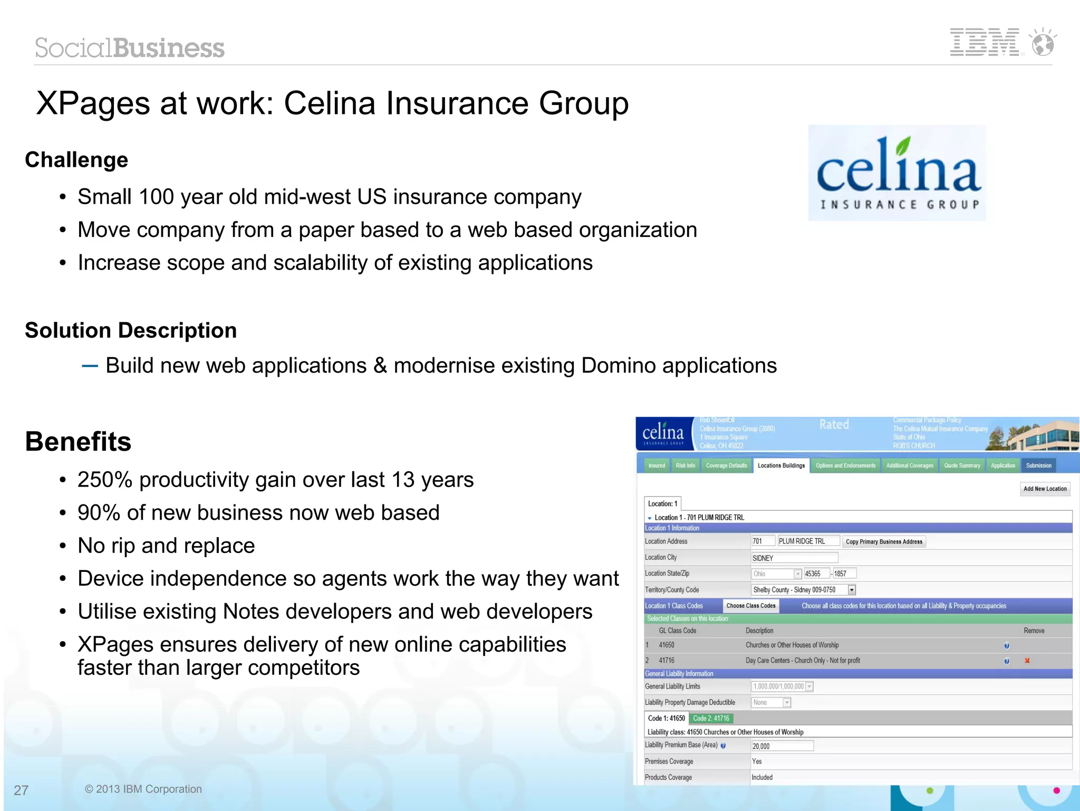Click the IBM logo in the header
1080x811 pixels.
tap(984, 42)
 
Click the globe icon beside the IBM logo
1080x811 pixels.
tap(1043, 43)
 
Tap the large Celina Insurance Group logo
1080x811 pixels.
tap(897, 173)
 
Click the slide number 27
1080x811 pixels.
tap(21, 790)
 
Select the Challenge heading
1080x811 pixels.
tap(76, 160)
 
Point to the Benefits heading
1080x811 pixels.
tap(78, 442)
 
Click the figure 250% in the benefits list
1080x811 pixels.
tap(104, 480)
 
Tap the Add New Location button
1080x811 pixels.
tap(1045, 489)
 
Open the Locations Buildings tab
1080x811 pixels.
tap(781, 465)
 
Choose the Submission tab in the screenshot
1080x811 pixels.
tap(1038, 465)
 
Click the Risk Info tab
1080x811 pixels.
tap(685, 465)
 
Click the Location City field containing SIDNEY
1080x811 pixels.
tap(794, 558)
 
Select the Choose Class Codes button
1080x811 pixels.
tap(751, 606)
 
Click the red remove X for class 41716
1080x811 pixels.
tap(1027, 661)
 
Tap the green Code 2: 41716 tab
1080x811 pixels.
tap(711, 718)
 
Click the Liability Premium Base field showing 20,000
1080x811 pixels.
tap(782, 746)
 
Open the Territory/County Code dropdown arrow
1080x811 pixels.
tap(852, 590)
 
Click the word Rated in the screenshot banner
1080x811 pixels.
tap(834, 424)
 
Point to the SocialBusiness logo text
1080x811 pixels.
tap(130, 48)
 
